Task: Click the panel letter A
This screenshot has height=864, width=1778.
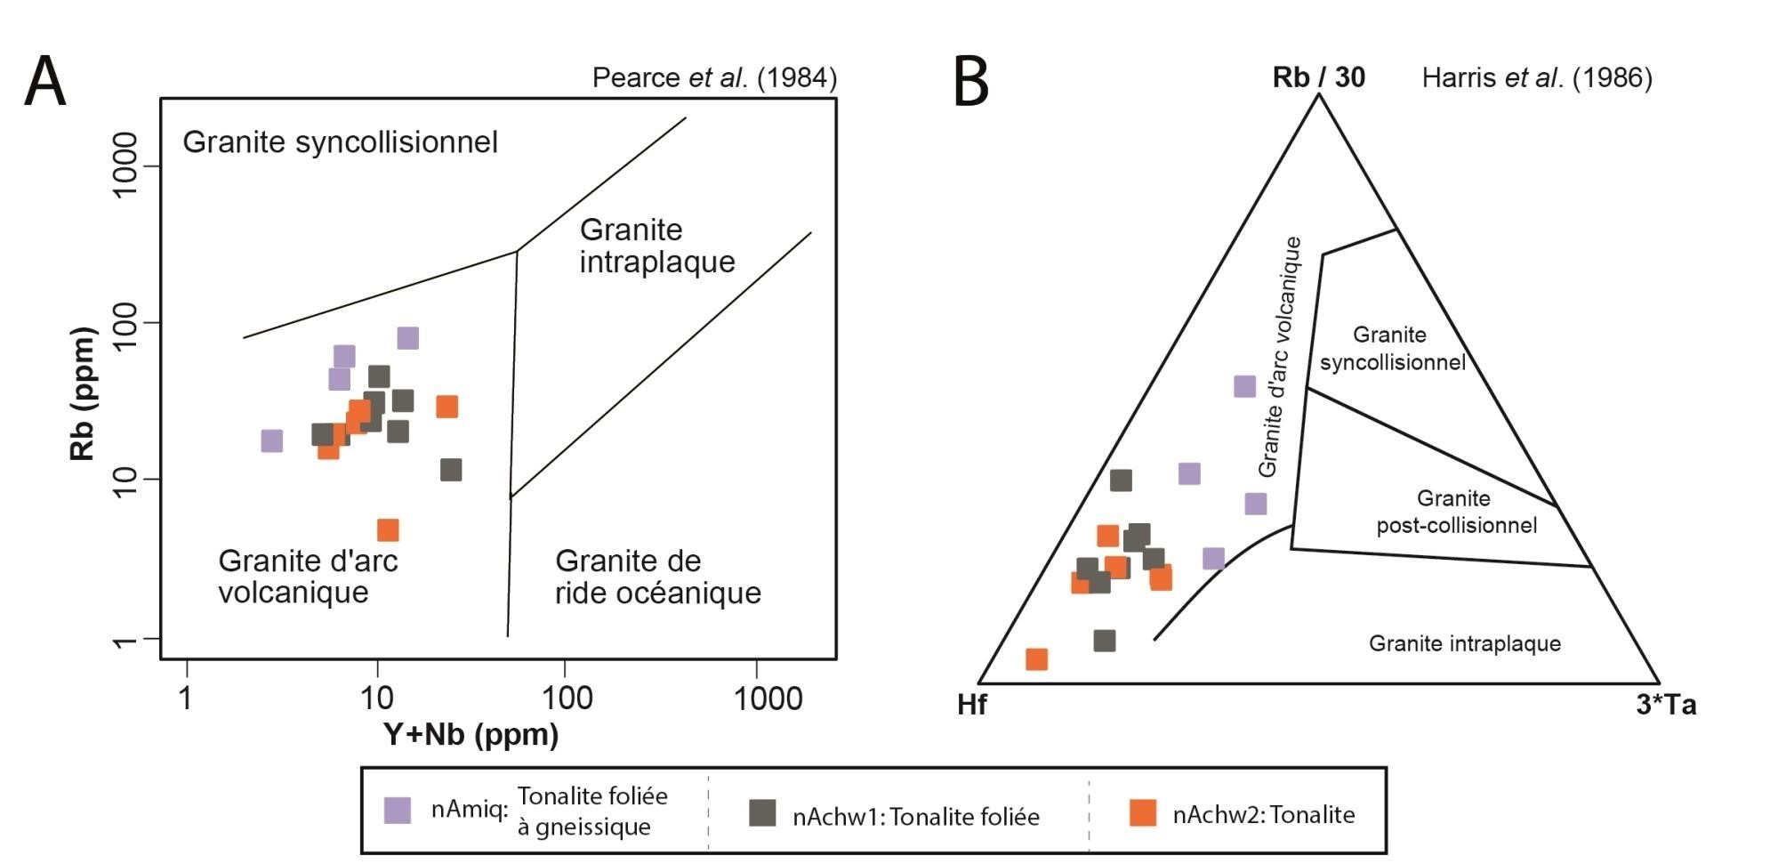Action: pyautogui.click(x=44, y=82)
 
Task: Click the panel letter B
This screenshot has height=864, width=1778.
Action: pyautogui.click(x=971, y=82)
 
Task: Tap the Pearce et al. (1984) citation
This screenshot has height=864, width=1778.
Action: pyautogui.click(x=714, y=78)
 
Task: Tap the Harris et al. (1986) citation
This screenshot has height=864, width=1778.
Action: pyautogui.click(x=1536, y=78)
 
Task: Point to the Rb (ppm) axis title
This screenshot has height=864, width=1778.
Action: pyautogui.click(x=82, y=393)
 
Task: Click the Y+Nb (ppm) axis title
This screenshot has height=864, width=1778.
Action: pyautogui.click(x=471, y=735)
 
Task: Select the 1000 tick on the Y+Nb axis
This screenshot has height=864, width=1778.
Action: pyautogui.click(x=767, y=699)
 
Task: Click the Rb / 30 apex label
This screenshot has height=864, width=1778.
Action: pyautogui.click(x=1318, y=77)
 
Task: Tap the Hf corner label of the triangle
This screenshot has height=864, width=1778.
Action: pyautogui.click(x=971, y=705)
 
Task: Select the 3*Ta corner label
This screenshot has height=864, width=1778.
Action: pyautogui.click(x=1666, y=705)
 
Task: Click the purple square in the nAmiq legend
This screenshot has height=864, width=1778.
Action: pyautogui.click(x=397, y=810)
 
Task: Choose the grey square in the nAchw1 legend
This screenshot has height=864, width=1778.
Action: pyautogui.click(x=762, y=812)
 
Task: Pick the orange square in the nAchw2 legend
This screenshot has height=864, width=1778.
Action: pyautogui.click(x=1142, y=812)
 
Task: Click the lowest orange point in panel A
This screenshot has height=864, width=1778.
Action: pyautogui.click(x=388, y=530)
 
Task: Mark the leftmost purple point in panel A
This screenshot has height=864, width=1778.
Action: pyautogui.click(x=271, y=440)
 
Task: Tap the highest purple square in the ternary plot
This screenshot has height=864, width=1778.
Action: pyautogui.click(x=1244, y=386)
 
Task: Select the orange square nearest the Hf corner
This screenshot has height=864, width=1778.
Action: pyautogui.click(x=1036, y=659)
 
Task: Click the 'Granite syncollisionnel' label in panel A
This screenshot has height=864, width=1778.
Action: pyautogui.click(x=340, y=142)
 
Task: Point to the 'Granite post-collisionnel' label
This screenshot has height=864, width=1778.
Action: pyautogui.click(x=1456, y=512)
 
